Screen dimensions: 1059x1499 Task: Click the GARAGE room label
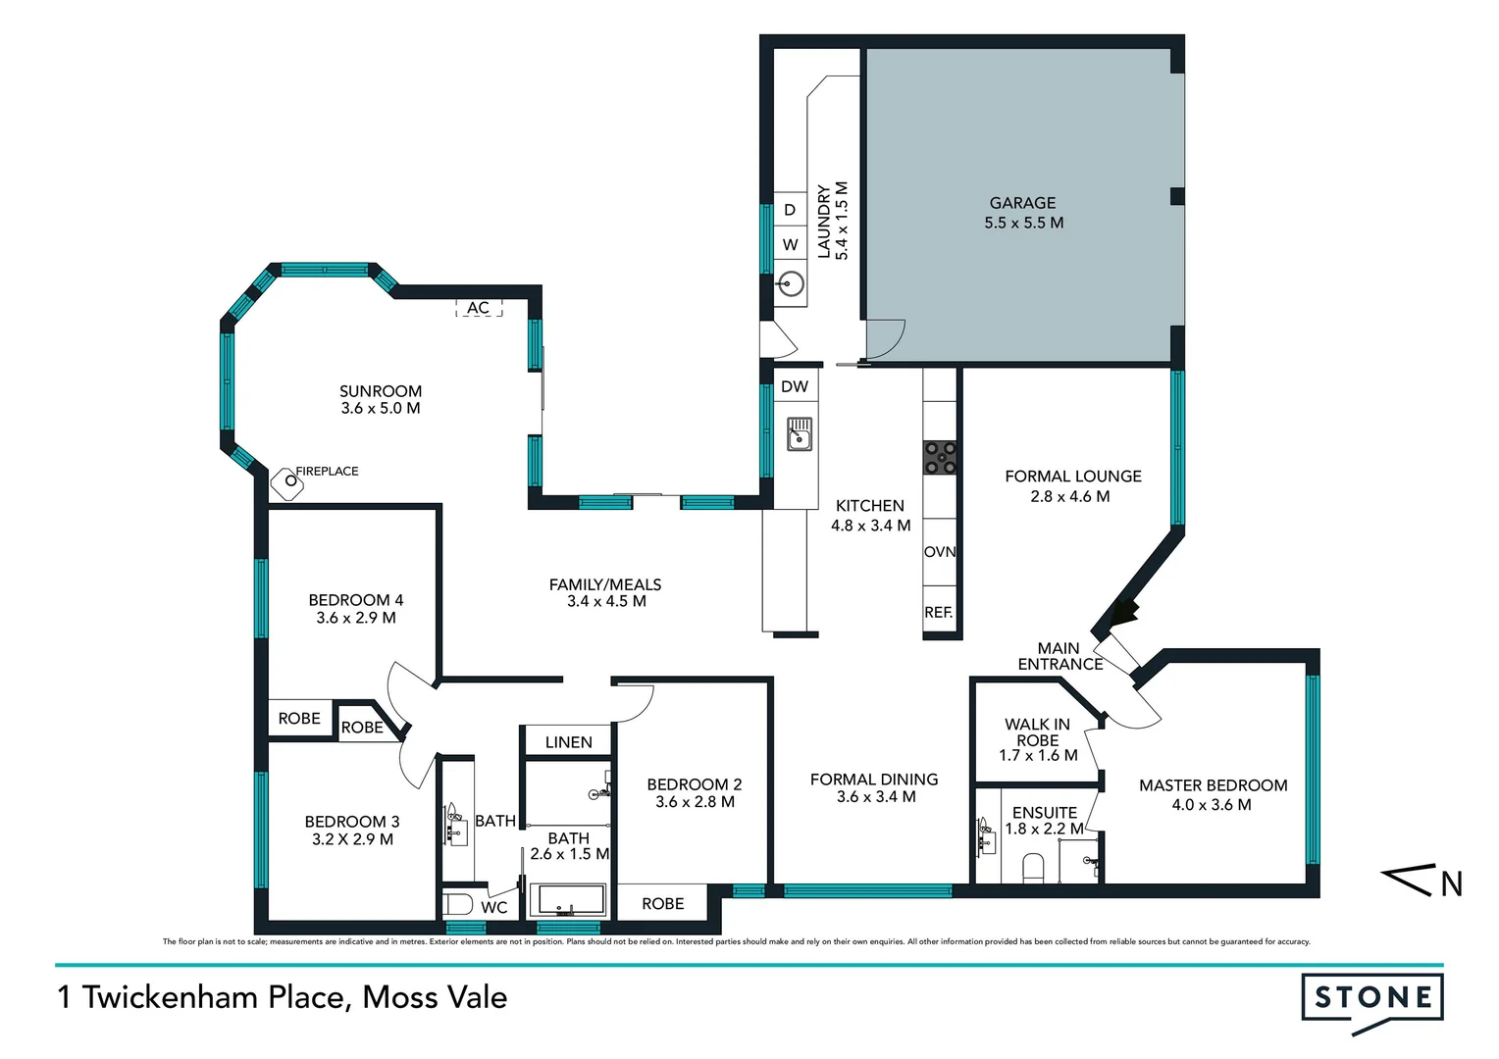point(1022,203)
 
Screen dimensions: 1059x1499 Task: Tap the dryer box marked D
point(790,210)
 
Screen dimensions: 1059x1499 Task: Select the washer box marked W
point(790,245)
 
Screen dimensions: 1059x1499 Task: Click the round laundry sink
point(790,284)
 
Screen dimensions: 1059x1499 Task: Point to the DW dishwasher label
point(795,386)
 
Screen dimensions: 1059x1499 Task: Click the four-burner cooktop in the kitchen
point(940,458)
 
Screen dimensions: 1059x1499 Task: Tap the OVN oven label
point(940,552)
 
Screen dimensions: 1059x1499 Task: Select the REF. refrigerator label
point(939,612)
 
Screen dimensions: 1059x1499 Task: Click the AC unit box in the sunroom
point(478,308)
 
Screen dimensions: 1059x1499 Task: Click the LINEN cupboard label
point(568,742)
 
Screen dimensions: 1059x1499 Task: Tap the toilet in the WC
point(458,904)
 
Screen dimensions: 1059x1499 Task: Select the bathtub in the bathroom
point(568,900)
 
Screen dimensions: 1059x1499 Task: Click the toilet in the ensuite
point(1033,867)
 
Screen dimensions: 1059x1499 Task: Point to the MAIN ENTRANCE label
point(1060,656)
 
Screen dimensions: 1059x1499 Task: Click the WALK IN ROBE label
point(1037,732)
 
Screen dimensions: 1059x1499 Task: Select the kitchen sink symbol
point(800,434)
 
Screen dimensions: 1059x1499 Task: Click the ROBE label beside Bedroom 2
point(662,903)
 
